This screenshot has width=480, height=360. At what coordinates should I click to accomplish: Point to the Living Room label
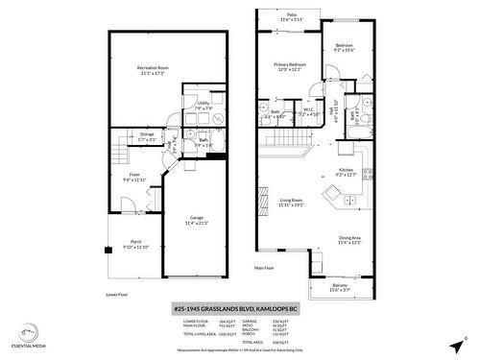pyautogui.click(x=291, y=202)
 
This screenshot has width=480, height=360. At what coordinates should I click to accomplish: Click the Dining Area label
pyautogui.click(x=349, y=240)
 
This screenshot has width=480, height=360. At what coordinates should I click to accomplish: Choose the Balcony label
pyautogui.click(x=340, y=287)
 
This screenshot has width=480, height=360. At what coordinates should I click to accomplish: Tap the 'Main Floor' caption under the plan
pyautogui.click(x=265, y=268)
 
